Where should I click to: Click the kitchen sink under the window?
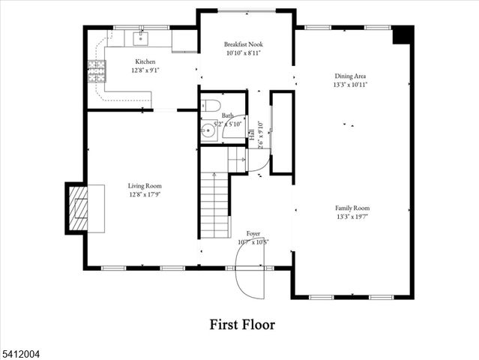(x=141, y=39)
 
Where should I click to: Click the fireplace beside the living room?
(x=77, y=206)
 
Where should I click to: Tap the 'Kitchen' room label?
(x=145, y=61)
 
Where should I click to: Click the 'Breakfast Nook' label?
(x=244, y=44)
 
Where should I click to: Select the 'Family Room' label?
(x=352, y=208)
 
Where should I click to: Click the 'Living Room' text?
(x=144, y=186)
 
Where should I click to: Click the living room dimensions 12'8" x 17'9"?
(x=144, y=195)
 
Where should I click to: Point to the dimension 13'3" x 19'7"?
(x=352, y=217)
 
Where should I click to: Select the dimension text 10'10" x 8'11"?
(x=244, y=53)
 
